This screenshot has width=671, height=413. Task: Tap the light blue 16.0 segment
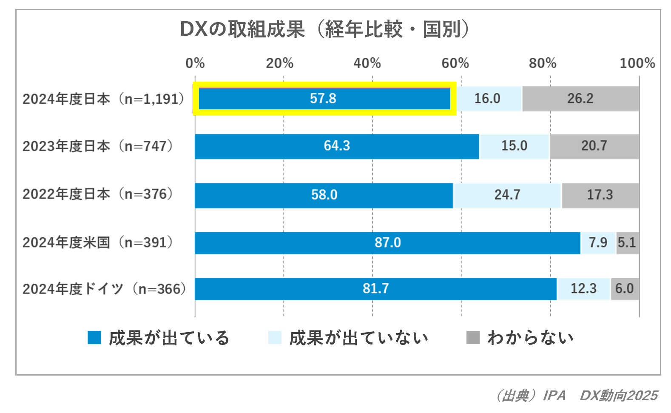(x=487, y=99)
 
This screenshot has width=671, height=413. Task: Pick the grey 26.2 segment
(x=580, y=99)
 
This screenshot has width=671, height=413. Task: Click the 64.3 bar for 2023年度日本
(x=337, y=146)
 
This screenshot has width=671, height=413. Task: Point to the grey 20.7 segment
(x=594, y=146)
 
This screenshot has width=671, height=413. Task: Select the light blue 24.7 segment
(x=507, y=195)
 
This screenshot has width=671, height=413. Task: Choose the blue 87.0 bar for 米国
(x=387, y=242)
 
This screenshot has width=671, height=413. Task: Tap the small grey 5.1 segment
(x=627, y=242)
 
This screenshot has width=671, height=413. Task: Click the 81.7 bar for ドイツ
(x=375, y=289)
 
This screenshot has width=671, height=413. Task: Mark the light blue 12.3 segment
(x=583, y=289)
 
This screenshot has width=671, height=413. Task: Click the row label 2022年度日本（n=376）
(x=98, y=194)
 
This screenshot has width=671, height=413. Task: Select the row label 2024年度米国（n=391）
(x=98, y=242)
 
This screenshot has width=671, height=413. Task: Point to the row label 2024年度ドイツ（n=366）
(x=104, y=289)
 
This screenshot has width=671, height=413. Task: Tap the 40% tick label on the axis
(x=367, y=63)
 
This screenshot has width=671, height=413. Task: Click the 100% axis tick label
(x=637, y=63)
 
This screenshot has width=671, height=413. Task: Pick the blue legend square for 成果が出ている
(x=94, y=338)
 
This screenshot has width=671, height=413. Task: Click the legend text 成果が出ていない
(x=358, y=338)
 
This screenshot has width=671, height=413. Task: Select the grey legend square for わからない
(x=473, y=338)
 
